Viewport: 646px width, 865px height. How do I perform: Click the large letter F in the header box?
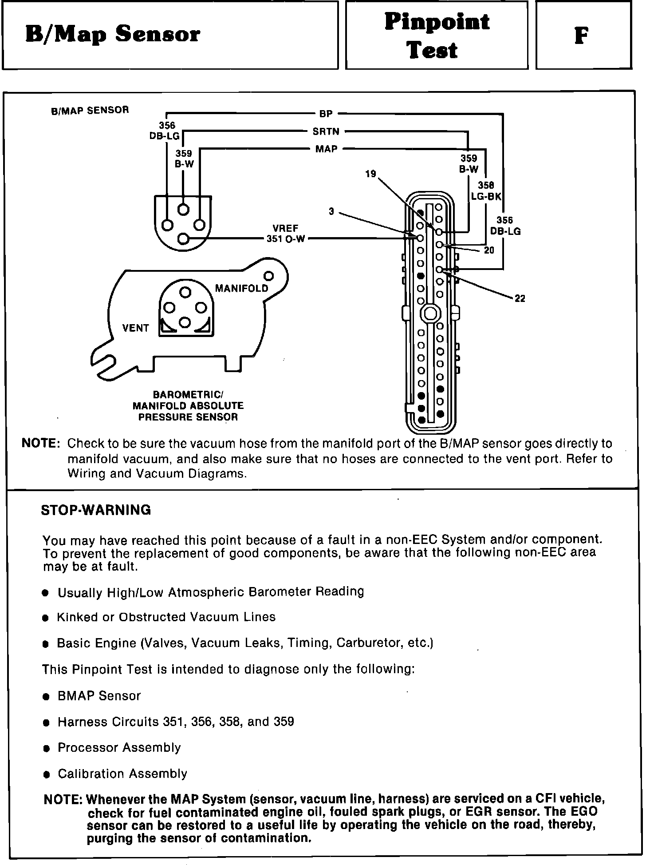point(582,36)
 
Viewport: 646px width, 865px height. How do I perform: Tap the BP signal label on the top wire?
point(326,114)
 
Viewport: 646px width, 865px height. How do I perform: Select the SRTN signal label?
point(326,131)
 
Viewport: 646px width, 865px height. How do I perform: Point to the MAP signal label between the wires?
point(326,149)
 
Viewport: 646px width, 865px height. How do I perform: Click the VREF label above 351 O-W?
point(285,228)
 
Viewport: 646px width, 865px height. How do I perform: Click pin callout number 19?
point(370,174)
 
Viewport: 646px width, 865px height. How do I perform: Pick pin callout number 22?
point(520,299)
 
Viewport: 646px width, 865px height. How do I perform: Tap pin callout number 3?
point(331,212)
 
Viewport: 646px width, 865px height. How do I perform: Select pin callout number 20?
point(489,250)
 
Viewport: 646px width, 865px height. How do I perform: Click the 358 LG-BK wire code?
point(486,191)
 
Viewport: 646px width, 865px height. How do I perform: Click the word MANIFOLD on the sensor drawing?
point(242,289)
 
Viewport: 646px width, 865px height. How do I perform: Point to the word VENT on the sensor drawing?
point(135,328)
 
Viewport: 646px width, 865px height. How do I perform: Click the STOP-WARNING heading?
point(96,510)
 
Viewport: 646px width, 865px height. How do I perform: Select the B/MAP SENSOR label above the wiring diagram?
point(90,111)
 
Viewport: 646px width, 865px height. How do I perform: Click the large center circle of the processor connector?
point(429,313)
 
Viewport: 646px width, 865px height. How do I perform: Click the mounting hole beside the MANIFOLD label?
point(269,276)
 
